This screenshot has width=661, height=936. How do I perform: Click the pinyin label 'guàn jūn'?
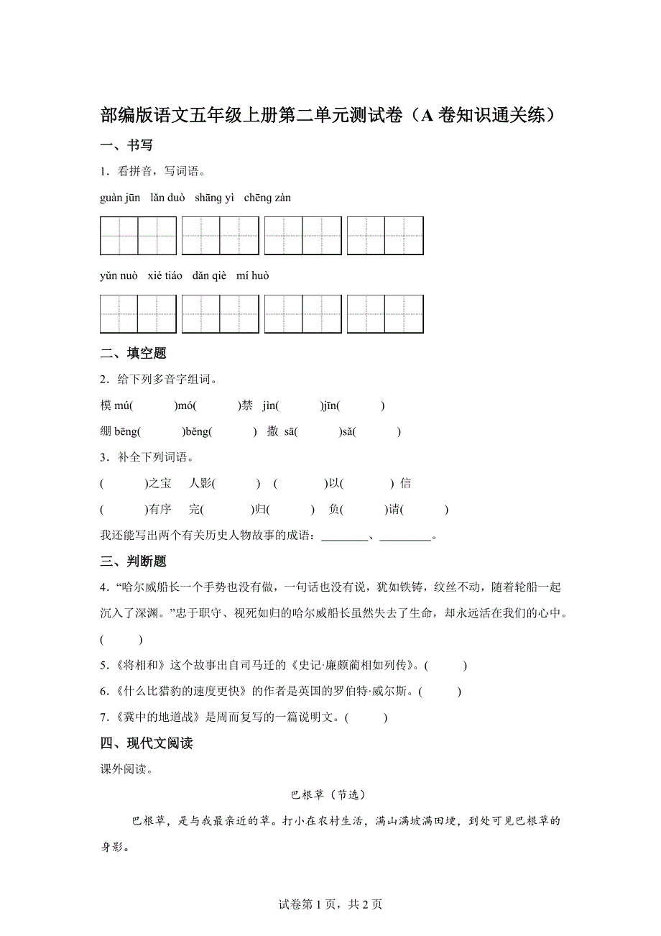click(120, 198)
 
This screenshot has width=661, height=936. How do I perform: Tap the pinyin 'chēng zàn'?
click(267, 198)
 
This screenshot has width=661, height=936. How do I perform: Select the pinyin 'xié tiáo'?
click(165, 276)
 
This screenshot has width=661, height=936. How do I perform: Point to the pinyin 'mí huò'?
click(253, 276)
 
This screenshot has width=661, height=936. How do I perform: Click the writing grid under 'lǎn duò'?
click(220, 236)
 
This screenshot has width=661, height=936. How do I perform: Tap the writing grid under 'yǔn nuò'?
click(138, 314)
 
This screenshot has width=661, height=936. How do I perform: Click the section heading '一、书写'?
click(126, 145)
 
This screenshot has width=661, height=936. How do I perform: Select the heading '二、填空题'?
click(134, 353)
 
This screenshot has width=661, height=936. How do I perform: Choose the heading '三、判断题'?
click(134, 561)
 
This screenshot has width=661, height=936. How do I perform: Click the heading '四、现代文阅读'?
click(147, 743)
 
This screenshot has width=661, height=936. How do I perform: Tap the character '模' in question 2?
click(106, 405)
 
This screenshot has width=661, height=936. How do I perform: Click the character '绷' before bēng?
click(106, 432)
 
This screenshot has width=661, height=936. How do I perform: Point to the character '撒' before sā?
click(272, 432)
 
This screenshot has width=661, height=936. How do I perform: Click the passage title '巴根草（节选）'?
click(329, 794)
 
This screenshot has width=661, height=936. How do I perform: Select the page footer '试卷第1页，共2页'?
click(330, 904)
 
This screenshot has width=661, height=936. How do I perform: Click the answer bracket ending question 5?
click(445, 666)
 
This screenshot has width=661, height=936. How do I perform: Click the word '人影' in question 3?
click(200, 484)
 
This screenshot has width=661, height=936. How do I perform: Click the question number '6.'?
click(104, 692)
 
